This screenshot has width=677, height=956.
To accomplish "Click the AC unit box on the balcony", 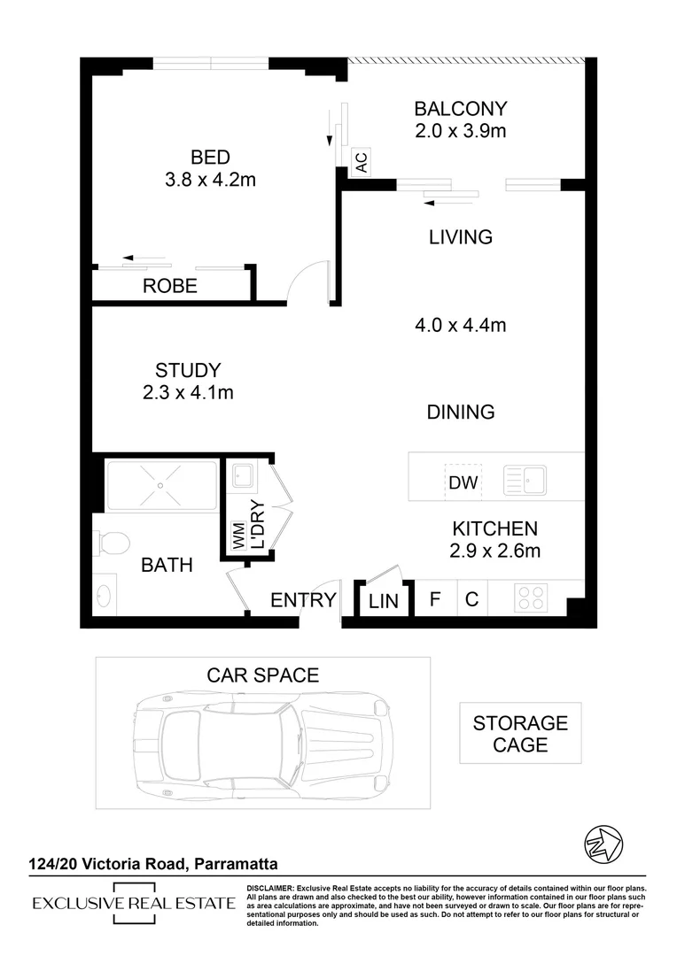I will click(x=361, y=162).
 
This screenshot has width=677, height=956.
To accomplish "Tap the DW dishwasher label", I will click(x=463, y=483).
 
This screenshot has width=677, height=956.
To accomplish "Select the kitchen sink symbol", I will click(x=525, y=481).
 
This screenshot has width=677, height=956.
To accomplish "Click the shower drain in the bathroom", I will click(x=160, y=485).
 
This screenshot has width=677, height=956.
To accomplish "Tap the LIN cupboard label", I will click(x=384, y=602).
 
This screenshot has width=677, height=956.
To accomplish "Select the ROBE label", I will click(x=170, y=287).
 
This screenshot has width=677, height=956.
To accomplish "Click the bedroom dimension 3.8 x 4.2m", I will click(x=211, y=181).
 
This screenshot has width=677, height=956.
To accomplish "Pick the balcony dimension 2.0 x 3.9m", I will click(x=461, y=132).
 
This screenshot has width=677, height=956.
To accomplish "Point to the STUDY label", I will click(x=187, y=371).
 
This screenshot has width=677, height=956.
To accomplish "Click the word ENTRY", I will click(x=303, y=600).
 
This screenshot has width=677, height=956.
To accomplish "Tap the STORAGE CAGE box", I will click(x=520, y=734).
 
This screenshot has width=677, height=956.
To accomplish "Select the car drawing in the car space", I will click(x=261, y=733).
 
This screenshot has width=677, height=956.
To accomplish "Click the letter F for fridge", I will click(x=435, y=599).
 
